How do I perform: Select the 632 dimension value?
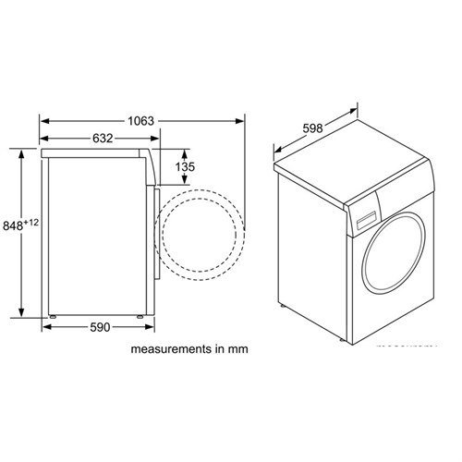[103, 139]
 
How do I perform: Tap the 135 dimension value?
[186, 166]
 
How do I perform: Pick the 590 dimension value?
[100, 326]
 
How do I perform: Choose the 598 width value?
[311, 128]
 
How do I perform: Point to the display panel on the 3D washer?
[366, 220]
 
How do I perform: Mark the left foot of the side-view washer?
[54, 316]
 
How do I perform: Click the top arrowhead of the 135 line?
[186, 150]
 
